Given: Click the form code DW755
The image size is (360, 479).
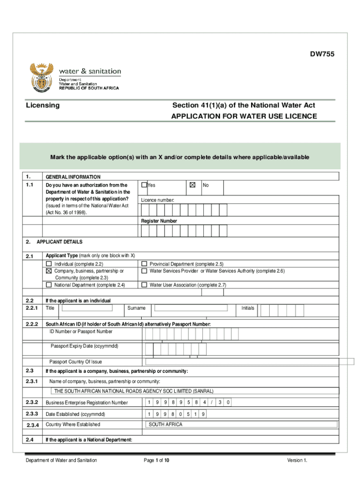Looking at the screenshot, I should pyautogui.click(x=323, y=55).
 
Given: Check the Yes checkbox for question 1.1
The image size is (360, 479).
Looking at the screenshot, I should pyautogui.click(x=144, y=185).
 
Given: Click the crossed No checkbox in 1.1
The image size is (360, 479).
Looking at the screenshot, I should pyautogui.click(x=192, y=185).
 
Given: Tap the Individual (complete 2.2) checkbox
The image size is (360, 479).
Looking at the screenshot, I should pyautogui.click(x=49, y=264).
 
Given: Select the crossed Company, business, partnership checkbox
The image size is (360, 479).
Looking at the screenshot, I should pyautogui.click(x=49, y=271).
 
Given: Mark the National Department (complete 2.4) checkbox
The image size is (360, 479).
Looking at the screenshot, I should pyautogui.click(x=49, y=285).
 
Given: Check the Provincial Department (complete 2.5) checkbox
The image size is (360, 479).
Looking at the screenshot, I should pyautogui.click(x=144, y=264).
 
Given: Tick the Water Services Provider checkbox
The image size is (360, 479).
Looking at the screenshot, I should pyautogui.click(x=144, y=271).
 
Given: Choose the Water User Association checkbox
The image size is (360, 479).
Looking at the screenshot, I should pyautogui.click(x=144, y=285).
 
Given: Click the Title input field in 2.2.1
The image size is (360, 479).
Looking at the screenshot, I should pyautogui.click(x=87, y=308).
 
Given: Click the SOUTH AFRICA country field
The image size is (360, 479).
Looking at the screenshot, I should pyautogui.click(x=241, y=425).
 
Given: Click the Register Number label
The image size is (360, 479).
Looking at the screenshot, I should pyautogui.click(x=159, y=221).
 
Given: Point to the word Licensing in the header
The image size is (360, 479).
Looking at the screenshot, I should pyautogui.click(x=43, y=105).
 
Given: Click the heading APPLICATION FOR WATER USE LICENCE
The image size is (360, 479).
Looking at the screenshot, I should pyautogui.click(x=244, y=116).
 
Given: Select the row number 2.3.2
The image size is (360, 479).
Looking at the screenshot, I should pyautogui.click(x=32, y=402).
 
